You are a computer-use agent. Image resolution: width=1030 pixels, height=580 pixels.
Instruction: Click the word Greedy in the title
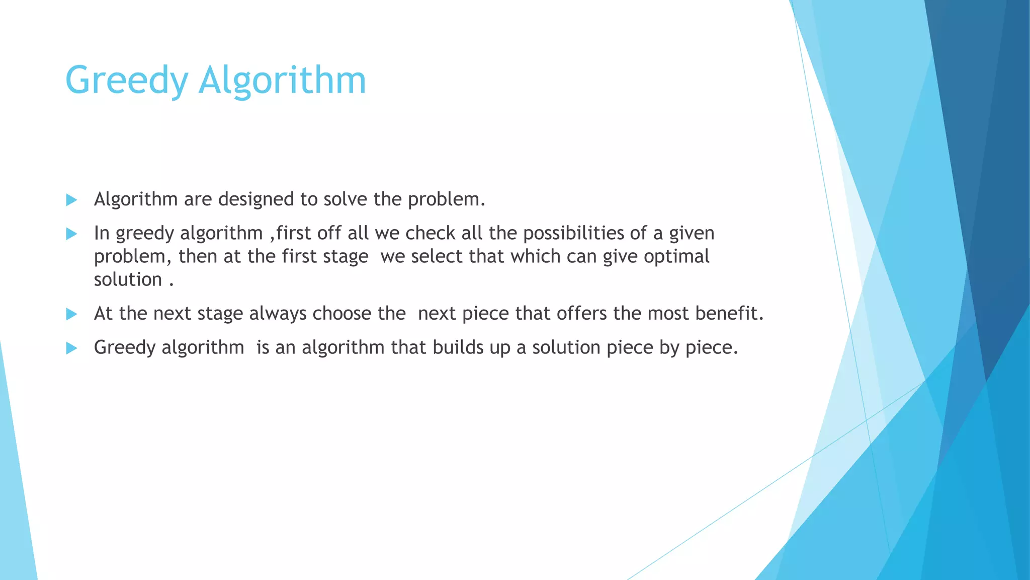pos(126,81)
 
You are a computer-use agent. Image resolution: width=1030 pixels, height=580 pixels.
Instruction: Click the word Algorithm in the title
pos(282,81)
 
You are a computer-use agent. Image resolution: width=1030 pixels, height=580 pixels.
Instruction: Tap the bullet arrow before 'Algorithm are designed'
pos(71,200)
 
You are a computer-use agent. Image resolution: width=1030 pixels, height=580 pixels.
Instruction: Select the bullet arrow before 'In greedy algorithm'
pos(71,234)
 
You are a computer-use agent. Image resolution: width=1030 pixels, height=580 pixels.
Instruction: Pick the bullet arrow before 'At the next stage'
pos(71,314)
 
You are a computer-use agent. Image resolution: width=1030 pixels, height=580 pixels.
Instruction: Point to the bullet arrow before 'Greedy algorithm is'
pos(71,348)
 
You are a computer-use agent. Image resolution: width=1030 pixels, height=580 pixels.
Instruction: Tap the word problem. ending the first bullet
pos(446,199)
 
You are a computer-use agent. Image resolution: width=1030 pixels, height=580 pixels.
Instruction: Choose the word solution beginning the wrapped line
pos(128,279)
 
